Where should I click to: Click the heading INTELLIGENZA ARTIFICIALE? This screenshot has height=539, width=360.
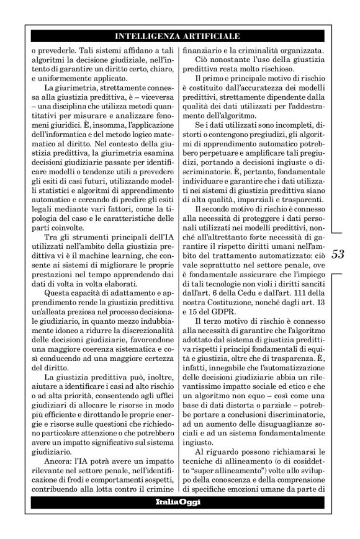tap(178, 36)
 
